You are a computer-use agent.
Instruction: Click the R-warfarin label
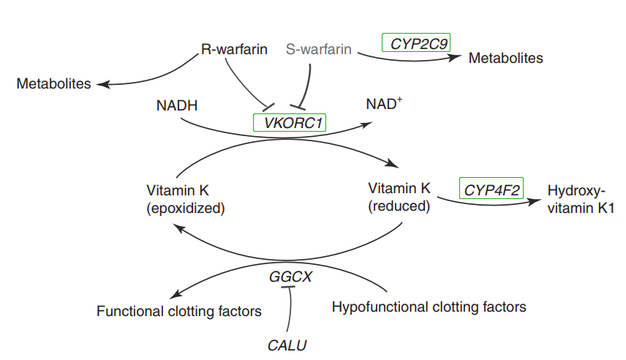(x=233, y=50)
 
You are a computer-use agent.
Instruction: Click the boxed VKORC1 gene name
(x=289, y=122)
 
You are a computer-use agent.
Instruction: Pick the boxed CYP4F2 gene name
(x=492, y=190)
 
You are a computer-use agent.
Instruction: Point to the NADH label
(x=177, y=105)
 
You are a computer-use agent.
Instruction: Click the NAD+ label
(x=384, y=105)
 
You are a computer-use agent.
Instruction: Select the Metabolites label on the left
(x=53, y=83)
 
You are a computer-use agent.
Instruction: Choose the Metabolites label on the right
(x=505, y=58)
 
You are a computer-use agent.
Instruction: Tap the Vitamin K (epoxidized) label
(x=185, y=199)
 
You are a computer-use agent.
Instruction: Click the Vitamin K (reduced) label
(x=399, y=198)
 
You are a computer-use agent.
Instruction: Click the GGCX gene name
(x=290, y=277)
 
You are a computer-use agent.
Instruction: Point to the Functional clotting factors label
(x=179, y=312)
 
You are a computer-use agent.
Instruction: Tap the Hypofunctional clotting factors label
(x=429, y=306)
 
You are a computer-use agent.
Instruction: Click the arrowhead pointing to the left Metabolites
(x=104, y=83)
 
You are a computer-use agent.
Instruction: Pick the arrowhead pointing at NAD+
(x=364, y=124)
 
